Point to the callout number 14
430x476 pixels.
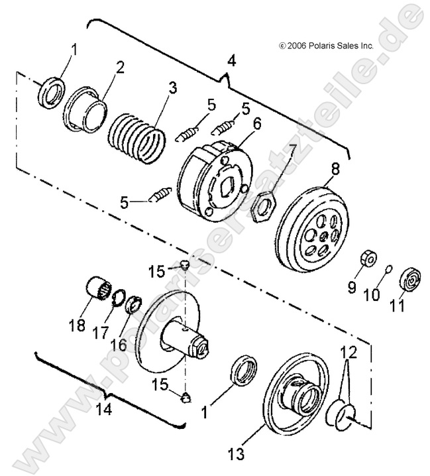[x=101, y=410]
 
